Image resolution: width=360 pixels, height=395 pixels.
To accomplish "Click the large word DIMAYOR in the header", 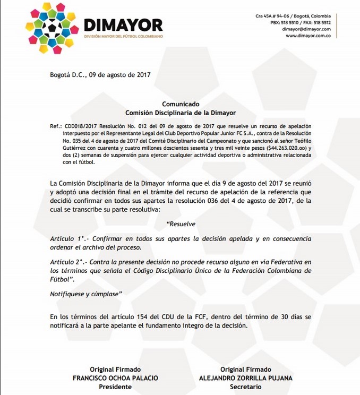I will point(123,24).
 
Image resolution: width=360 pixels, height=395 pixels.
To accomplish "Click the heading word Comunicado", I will point(181,105).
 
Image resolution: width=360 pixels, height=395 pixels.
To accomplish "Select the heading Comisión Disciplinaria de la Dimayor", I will point(181,113).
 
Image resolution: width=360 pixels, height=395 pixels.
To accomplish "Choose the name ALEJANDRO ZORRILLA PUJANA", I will point(247,378).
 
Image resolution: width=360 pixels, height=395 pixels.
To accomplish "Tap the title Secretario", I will point(247,387).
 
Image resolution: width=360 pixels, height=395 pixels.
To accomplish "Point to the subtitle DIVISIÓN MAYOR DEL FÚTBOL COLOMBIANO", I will point(123,36).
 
